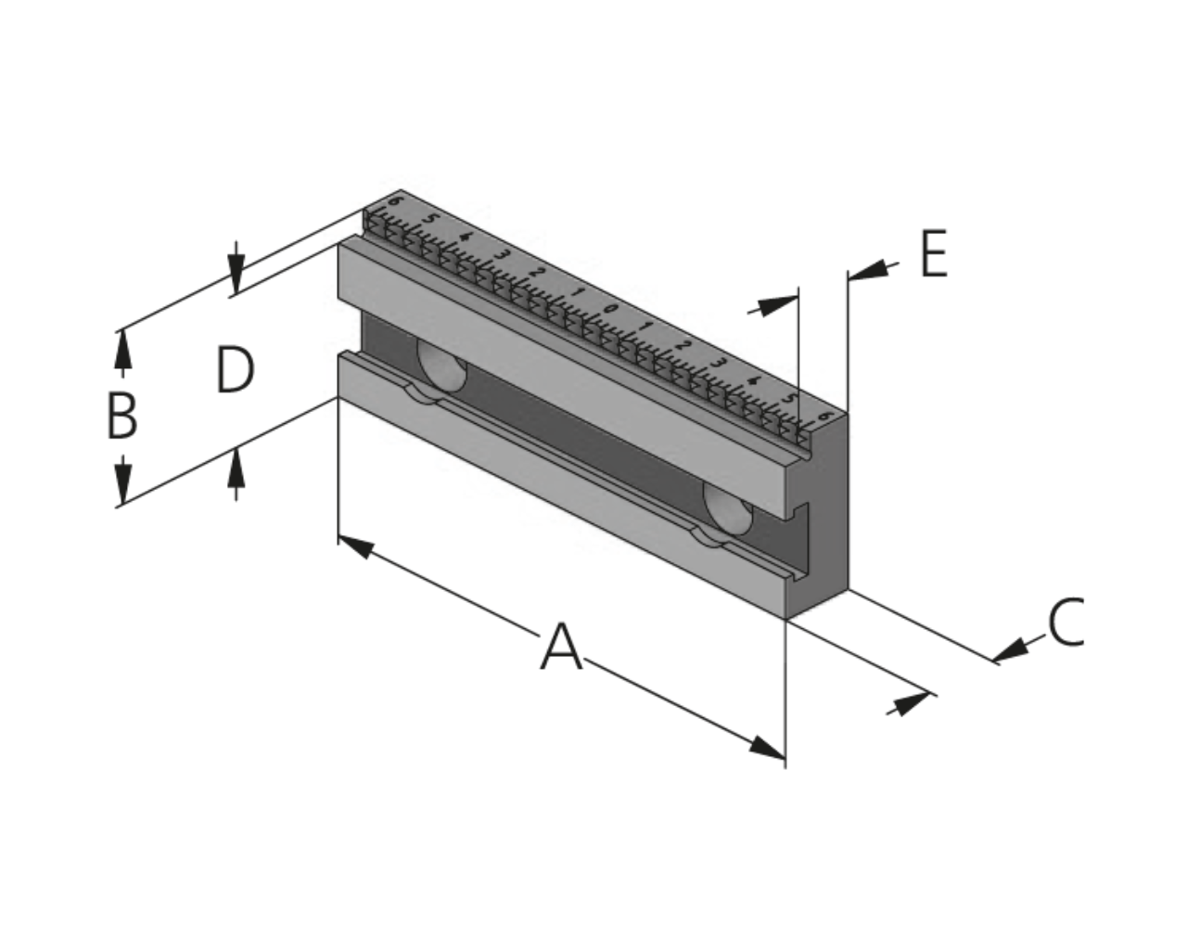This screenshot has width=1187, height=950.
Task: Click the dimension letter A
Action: [561, 647]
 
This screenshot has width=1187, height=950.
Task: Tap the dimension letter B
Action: [121, 417]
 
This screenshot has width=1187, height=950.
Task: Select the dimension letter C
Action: [1066, 622]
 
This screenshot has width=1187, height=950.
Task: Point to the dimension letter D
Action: [236, 370]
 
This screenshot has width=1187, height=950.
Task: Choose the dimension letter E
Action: [934, 253]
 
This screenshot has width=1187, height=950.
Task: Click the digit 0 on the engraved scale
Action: [609, 309]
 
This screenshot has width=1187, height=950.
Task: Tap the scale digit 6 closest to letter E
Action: [824, 415]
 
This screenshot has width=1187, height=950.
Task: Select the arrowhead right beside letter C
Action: [1011, 649]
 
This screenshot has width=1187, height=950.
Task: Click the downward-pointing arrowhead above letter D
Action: [236, 275]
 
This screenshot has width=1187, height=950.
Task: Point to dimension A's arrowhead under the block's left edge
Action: [356, 546]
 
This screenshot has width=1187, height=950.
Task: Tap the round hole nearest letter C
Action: [727, 509]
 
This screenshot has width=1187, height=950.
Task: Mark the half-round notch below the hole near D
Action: [424, 394]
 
